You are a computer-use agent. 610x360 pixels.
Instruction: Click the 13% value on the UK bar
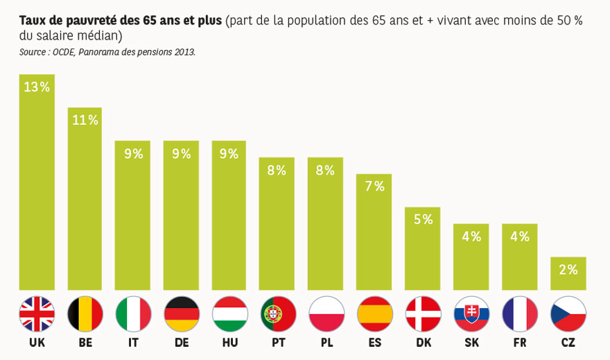[37, 87]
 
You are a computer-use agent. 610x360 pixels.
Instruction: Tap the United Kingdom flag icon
[37, 314]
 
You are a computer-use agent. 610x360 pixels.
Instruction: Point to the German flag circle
[182, 314]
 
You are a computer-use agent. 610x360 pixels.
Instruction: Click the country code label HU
[229, 343]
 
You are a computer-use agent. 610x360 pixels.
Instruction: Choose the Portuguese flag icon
[278, 314]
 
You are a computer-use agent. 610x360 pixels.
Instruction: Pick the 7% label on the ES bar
[374, 187]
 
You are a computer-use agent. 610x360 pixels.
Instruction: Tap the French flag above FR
[520, 314]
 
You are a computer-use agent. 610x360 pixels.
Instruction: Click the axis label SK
[471, 343]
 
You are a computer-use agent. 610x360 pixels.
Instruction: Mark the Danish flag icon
[423, 314]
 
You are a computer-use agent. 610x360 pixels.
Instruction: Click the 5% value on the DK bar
[423, 220]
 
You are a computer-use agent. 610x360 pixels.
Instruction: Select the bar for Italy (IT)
[133, 215]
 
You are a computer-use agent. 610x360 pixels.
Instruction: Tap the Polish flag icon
[326, 314]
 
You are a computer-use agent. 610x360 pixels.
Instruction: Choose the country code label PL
[326, 343]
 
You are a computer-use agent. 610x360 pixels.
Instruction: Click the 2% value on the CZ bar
[568, 270]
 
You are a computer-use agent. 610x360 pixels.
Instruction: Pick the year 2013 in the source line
[183, 52]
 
